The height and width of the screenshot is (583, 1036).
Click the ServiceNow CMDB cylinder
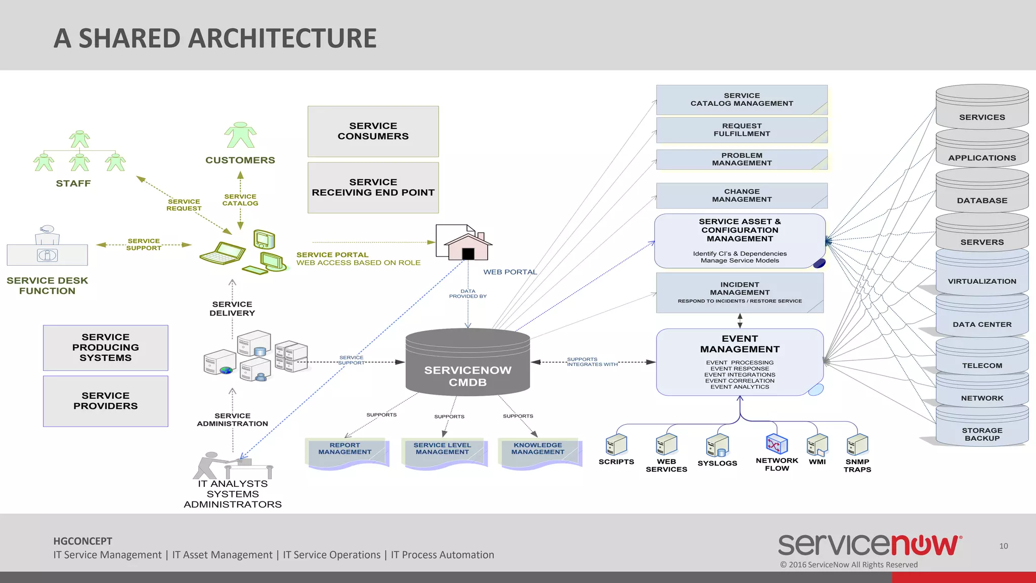467,362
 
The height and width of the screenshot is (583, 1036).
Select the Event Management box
740,362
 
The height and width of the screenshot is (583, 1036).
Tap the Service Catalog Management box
742,100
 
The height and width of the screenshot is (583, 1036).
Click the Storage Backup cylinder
981,428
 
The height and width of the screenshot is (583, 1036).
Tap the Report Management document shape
346,452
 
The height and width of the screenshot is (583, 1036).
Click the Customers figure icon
240,136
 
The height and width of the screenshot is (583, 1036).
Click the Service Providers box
106,401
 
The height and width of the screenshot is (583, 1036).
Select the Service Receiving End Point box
373,188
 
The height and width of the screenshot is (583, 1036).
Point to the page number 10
1003,546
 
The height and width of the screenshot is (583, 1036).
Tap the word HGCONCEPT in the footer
83,541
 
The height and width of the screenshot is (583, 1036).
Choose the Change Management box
742,195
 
